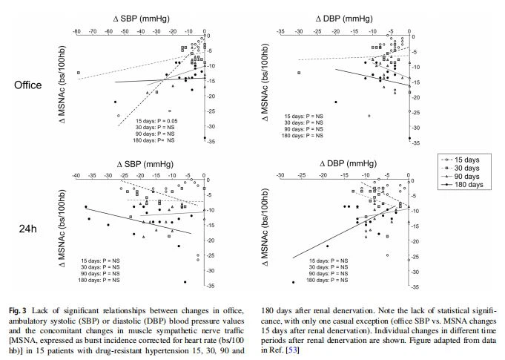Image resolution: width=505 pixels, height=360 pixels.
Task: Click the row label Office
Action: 27,85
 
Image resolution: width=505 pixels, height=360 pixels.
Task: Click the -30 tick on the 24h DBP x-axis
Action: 280,175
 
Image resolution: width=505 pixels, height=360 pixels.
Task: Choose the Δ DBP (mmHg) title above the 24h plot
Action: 347,162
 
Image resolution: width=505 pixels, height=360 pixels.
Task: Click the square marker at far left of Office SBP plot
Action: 77,73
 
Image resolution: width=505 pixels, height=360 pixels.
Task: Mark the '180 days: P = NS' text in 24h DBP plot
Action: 306,281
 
